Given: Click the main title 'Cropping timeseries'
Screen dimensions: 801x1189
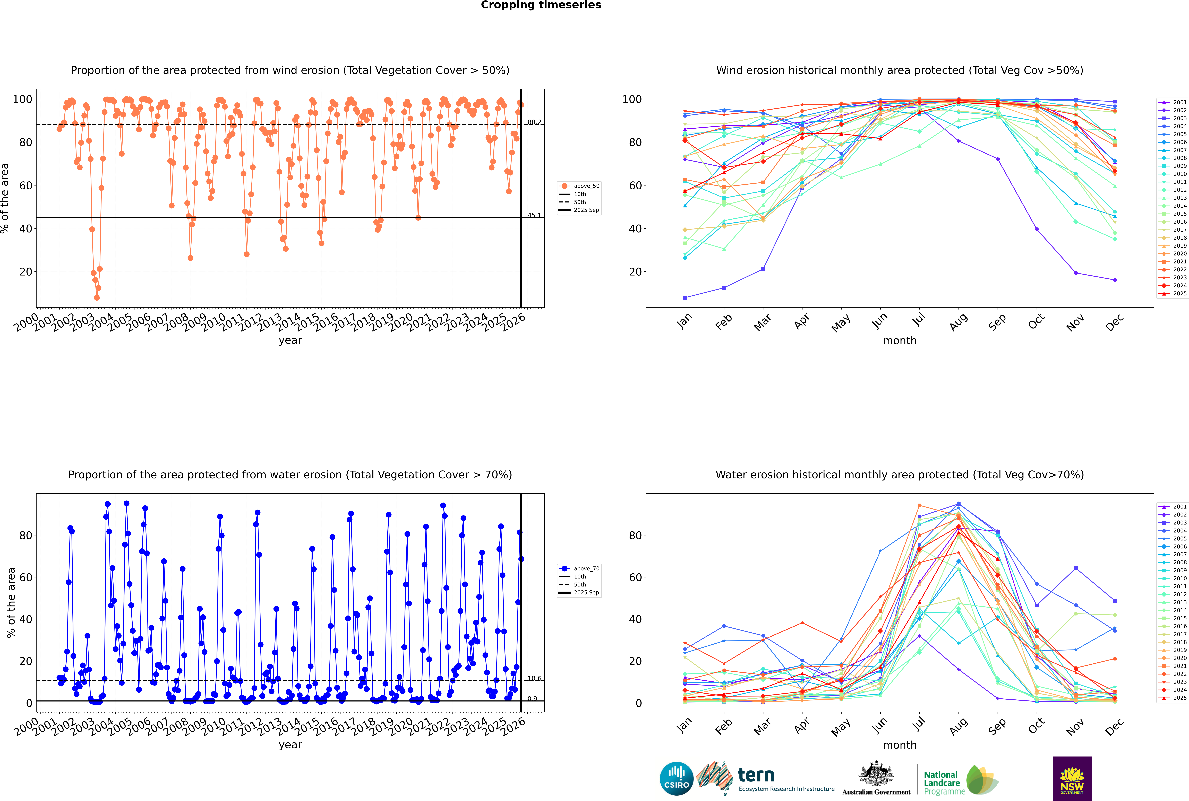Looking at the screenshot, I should (541, 5).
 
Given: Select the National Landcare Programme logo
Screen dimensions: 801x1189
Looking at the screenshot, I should (960, 780).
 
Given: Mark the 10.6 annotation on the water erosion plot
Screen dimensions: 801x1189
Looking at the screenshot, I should (534, 678).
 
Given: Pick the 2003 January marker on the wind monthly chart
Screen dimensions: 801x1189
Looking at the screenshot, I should (685, 297).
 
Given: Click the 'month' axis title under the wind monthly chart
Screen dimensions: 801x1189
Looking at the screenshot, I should (900, 341).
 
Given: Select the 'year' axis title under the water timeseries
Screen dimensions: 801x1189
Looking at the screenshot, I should (290, 745).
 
